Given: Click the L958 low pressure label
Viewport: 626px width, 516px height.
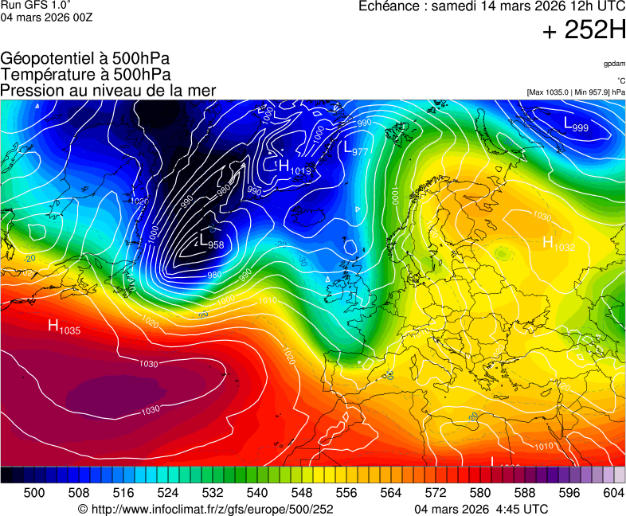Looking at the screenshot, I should click(211, 241).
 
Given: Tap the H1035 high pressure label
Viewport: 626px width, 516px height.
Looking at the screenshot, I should click(65, 326).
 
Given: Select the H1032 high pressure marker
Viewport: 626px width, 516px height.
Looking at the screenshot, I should click(558, 243).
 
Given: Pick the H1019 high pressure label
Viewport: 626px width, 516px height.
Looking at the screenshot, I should click(294, 166).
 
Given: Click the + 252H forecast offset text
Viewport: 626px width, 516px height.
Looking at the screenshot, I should click(583, 31).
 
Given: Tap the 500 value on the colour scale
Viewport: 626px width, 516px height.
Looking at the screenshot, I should click(33, 493).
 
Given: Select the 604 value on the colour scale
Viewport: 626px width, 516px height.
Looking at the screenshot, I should click(613, 493).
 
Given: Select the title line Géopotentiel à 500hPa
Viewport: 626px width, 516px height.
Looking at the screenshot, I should click(85, 59).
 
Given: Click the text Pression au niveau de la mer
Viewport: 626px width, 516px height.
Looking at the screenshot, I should click(108, 90).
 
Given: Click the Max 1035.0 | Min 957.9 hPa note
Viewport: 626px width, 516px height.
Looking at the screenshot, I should click(576, 92).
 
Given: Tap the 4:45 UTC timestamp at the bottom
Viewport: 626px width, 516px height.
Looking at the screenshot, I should click(522, 509).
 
